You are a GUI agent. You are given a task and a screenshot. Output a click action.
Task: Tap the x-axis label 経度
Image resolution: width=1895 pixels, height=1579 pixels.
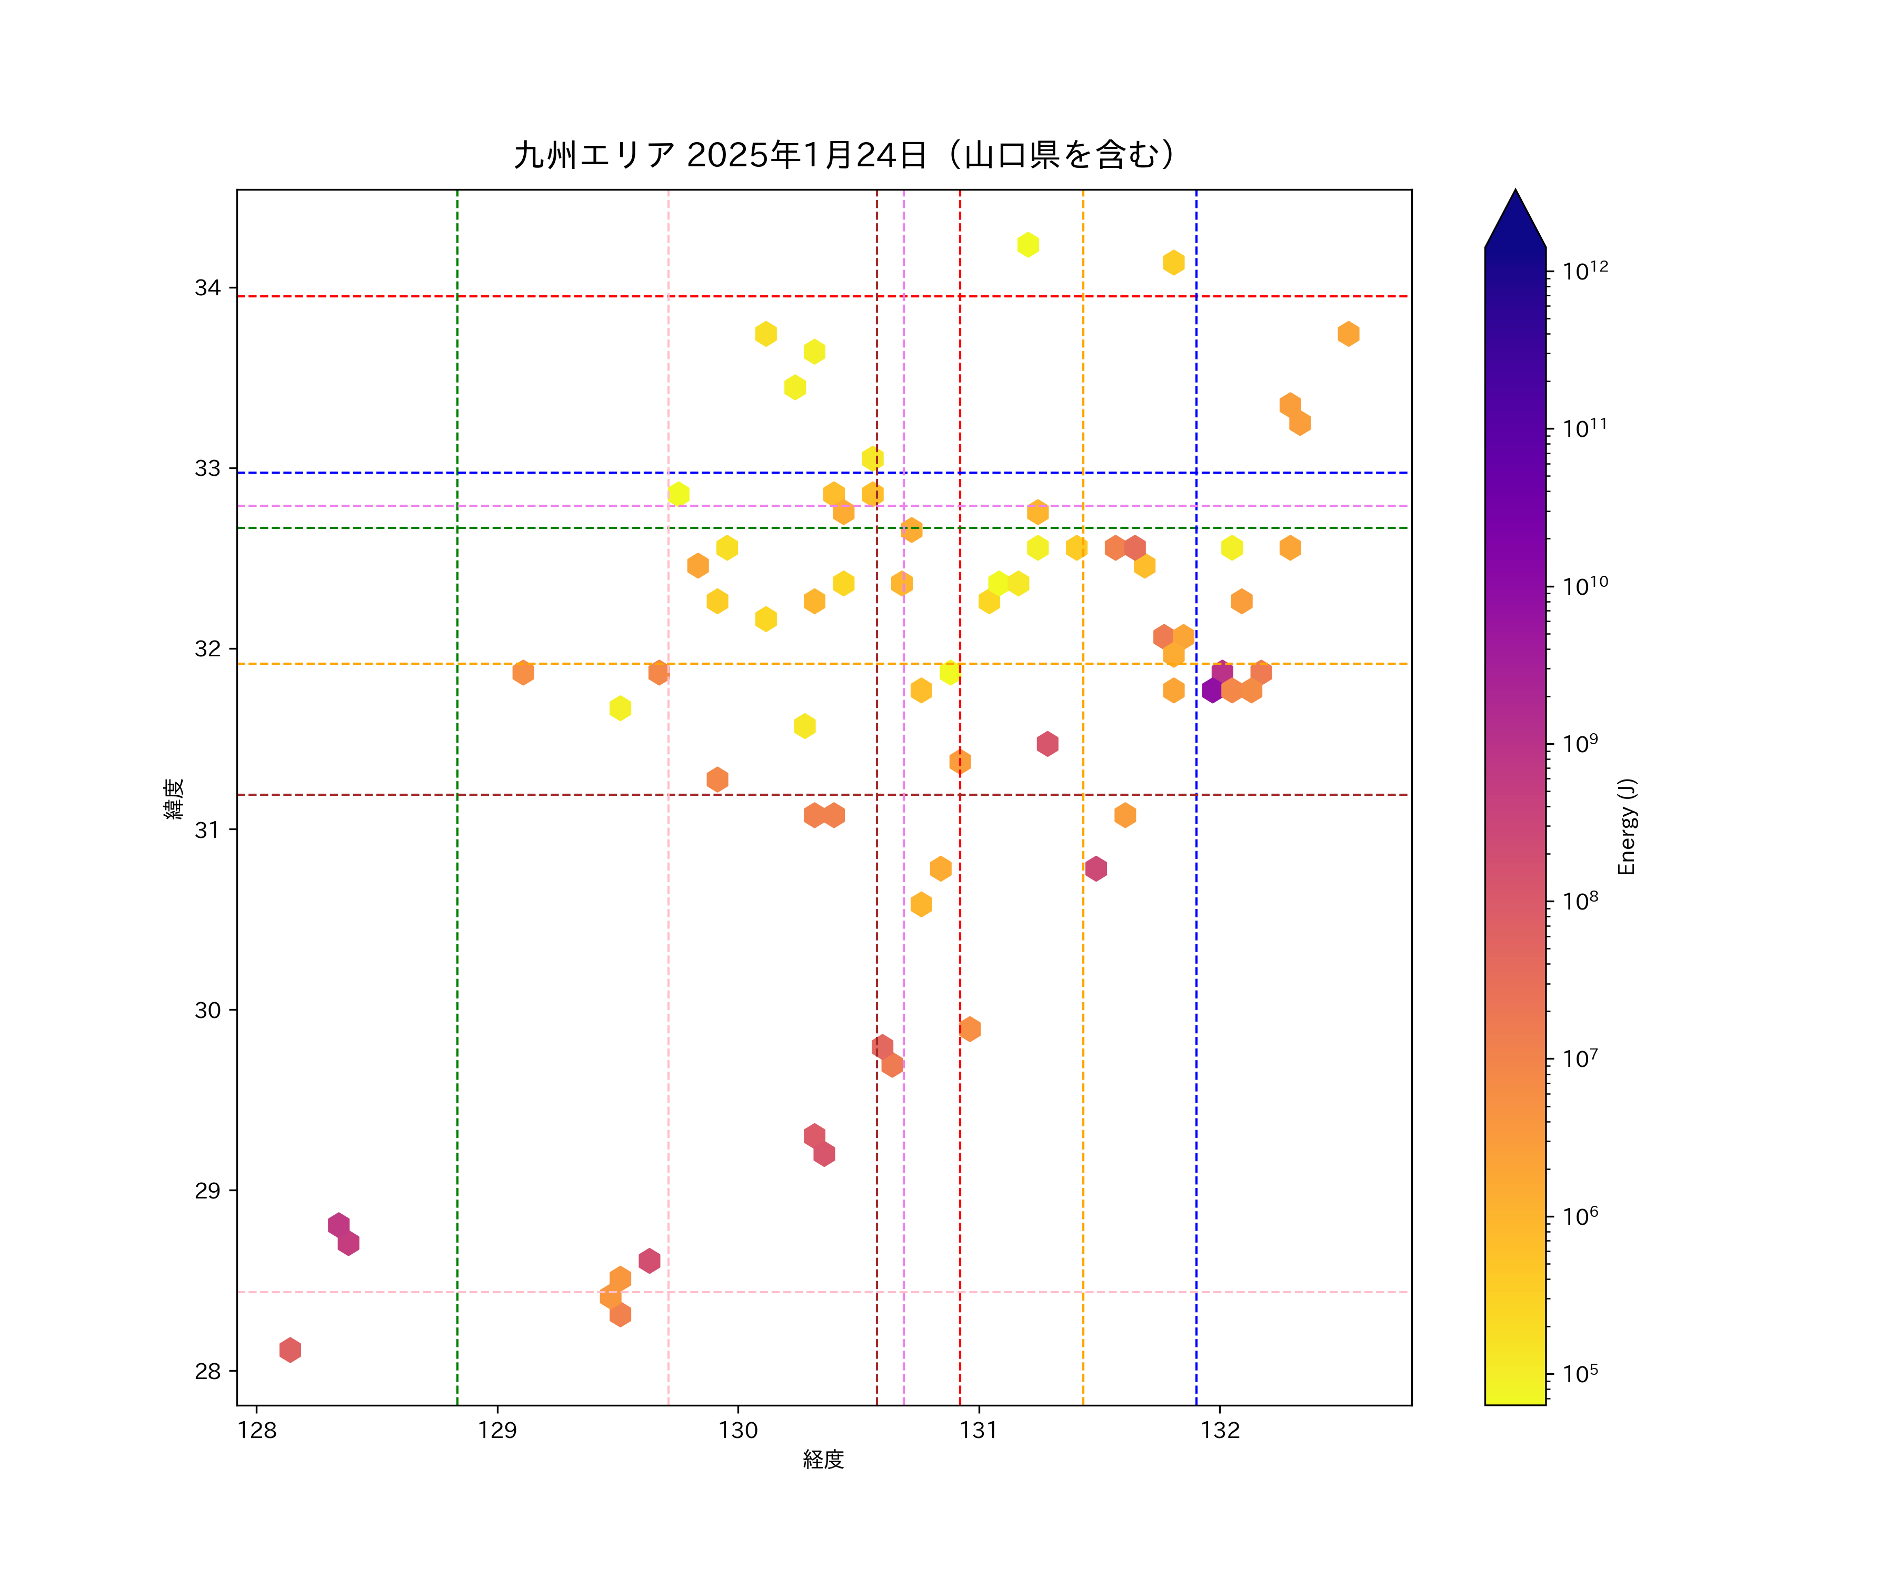pyautogui.click(x=823, y=1459)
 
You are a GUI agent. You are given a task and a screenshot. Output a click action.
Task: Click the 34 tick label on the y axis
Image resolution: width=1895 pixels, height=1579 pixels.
pyautogui.click(x=207, y=288)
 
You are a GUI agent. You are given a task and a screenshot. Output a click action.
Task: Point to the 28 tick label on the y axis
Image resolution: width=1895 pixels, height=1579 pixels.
pyautogui.click(x=207, y=1372)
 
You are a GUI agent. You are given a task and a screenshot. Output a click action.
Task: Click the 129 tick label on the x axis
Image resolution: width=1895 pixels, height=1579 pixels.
pyautogui.click(x=497, y=1430)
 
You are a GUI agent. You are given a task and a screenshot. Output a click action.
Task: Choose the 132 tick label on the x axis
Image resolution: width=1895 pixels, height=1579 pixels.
pyautogui.click(x=1220, y=1430)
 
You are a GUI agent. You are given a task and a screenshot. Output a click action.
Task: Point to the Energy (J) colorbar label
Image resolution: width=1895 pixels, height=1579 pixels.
pyautogui.click(x=1626, y=826)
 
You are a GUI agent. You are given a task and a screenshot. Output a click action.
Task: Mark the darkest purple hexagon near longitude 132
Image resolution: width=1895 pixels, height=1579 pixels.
pyautogui.click(x=1212, y=690)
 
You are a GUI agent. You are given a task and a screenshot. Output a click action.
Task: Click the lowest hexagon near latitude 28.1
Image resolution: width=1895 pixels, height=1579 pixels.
pyautogui.click(x=290, y=1350)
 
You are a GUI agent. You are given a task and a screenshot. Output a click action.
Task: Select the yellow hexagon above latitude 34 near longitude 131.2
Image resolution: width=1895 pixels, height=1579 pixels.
pyautogui.click(x=1028, y=245)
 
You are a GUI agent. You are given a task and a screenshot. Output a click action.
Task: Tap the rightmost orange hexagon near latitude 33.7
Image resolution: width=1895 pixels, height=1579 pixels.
pyautogui.click(x=1348, y=334)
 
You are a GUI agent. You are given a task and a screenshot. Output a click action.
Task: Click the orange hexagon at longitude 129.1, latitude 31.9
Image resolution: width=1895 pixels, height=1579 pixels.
pyautogui.click(x=523, y=672)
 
